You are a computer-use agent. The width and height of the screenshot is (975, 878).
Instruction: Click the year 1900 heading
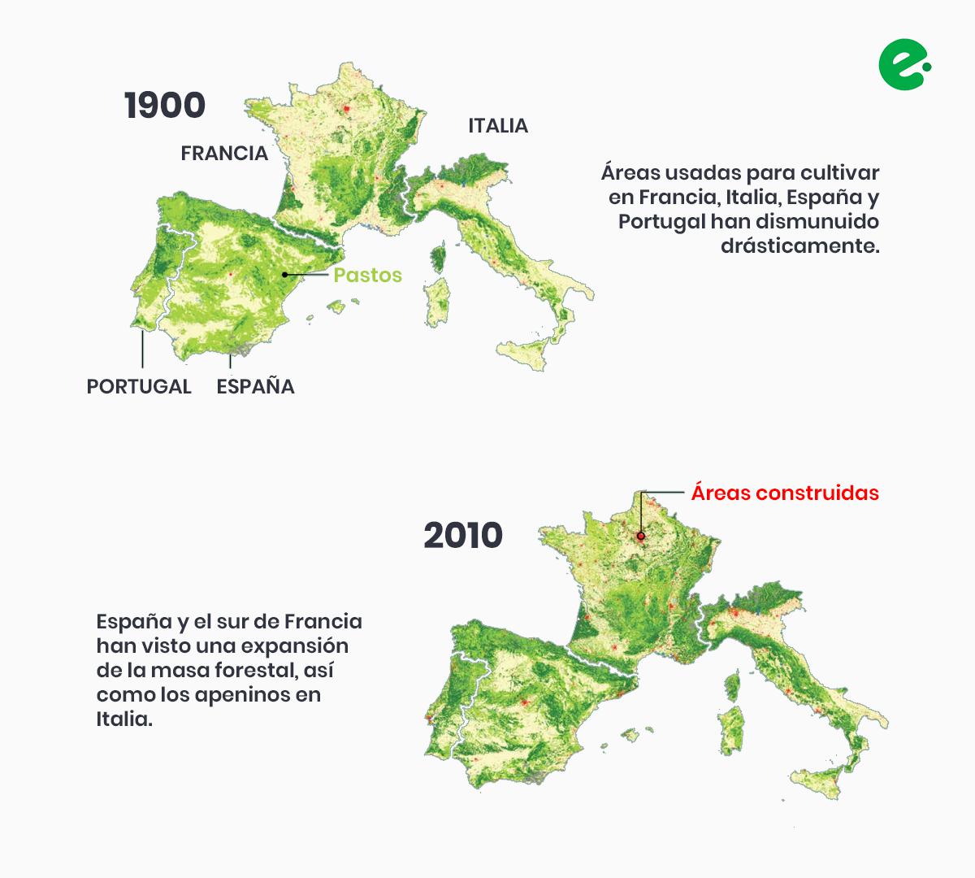pyautogui.click(x=165, y=106)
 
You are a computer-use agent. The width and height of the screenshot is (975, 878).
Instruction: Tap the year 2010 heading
pyautogui.click(x=463, y=536)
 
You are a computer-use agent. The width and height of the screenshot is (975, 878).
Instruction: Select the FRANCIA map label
pyautogui.click(x=224, y=153)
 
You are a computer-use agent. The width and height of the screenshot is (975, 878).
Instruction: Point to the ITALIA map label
pyautogui.click(x=498, y=126)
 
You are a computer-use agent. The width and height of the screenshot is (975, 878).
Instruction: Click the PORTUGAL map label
pyautogui.click(x=139, y=386)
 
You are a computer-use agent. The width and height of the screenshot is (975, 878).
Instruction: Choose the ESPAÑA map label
pyautogui.click(x=255, y=386)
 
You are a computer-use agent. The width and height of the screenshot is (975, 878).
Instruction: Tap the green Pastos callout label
pyautogui.click(x=367, y=275)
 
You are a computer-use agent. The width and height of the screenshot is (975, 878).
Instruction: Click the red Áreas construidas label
pyautogui.click(x=785, y=493)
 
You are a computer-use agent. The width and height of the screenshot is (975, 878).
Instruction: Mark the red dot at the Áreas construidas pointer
pyautogui.click(x=641, y=536)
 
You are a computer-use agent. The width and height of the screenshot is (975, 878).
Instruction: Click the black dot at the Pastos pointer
pyautogui.click(x=285, y=275)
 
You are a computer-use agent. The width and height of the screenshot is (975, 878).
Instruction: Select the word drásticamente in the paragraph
pyautogui.click(x=800, y=246)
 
